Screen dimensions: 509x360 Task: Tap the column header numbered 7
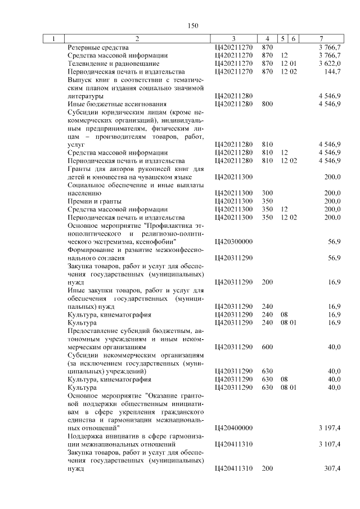(321, 39)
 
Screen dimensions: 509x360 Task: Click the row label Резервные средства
(94, 48)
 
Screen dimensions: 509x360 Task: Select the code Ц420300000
(233, 241)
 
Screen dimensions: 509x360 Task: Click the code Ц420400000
(233, 429)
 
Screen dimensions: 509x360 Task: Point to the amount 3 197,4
(329, 429)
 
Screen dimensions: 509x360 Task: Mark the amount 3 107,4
(329, 445)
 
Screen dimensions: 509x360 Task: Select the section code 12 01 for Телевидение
(289, 64)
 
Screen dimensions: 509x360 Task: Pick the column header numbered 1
(53, 39)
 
